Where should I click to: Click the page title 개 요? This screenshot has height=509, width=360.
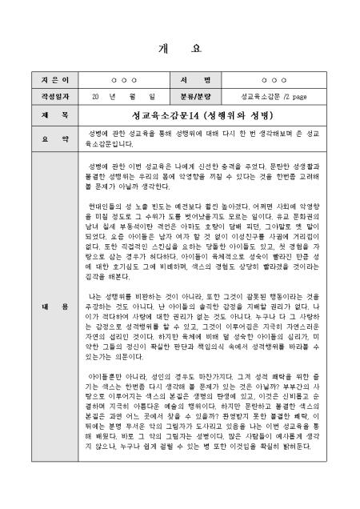[x=180, y=48]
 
